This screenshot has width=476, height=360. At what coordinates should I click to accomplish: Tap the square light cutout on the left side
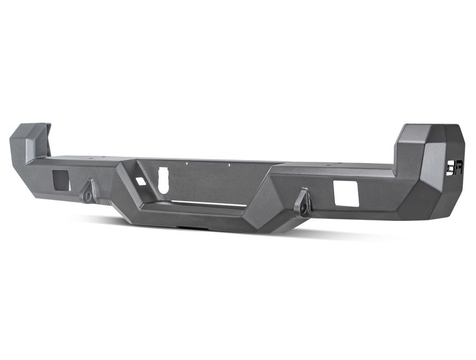click(61, 181)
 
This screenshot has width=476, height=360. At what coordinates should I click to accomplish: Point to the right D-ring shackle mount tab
click(303, 203)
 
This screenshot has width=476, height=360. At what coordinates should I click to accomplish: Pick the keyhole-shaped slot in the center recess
click(163, 180)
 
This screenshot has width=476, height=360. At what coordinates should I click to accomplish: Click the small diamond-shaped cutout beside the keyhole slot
click(141, 181)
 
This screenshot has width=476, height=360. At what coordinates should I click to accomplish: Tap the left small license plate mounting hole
click(187, 163)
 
